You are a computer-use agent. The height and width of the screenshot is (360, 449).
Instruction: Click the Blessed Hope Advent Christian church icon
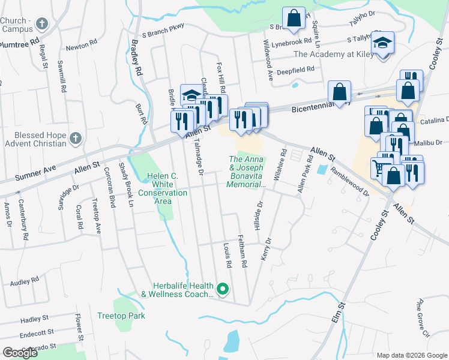click(x=76, y=139)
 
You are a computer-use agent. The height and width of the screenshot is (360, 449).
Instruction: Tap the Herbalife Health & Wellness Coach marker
click(x=223, y=290)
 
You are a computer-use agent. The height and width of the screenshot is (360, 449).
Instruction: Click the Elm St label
click(x=339, y=314)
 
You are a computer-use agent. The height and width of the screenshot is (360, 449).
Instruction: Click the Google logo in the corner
click(x=21, y=353)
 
